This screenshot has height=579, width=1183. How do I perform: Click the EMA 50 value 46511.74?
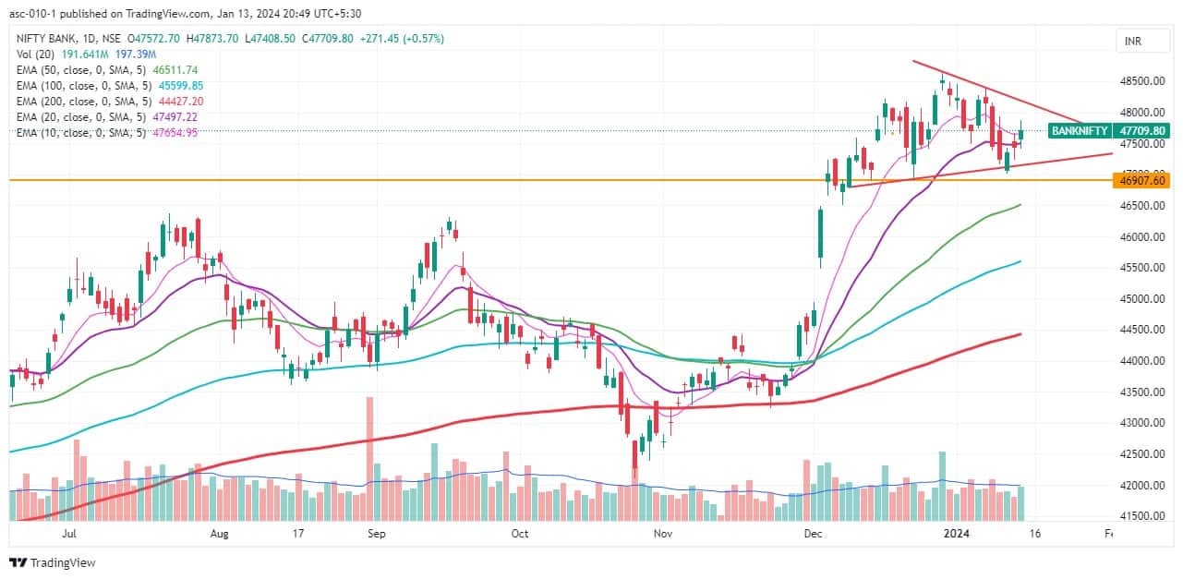(x=175, y=69)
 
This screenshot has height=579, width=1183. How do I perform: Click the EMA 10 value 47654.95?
(x=172, y=132)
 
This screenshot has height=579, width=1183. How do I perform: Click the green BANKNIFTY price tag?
(x=1109, y=131)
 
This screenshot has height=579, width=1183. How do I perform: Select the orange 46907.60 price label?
(x=1143, y=180)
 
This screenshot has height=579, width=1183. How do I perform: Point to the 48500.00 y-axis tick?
(x=1141, y=81)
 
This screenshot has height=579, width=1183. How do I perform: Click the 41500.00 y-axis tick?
(x=1141, y=516)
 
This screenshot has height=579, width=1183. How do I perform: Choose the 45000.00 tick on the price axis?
(x=1141, y=299)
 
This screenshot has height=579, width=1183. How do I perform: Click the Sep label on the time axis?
(x=376, y=533)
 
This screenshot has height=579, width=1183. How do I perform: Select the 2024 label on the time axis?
(x=955, y=533)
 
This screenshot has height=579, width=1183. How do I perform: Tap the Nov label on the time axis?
(x=662, y=533)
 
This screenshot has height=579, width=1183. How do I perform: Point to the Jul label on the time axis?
(x=68, y=533)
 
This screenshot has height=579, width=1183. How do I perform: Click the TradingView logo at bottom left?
(x=53, y=562)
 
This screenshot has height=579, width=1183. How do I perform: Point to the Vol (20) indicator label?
(x=38, y=54)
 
